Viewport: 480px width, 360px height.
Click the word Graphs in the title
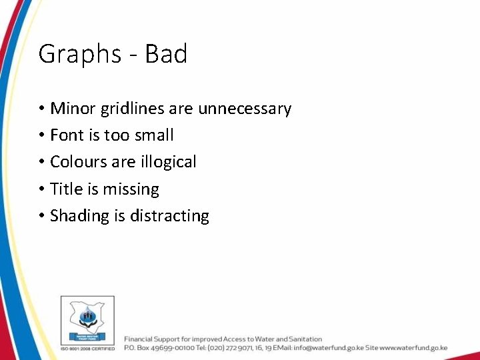coord(70,54)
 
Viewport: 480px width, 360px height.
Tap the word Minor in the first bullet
coord(71,108)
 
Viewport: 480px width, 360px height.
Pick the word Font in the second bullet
coord(67,135)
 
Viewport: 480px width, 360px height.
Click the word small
coord(153,135)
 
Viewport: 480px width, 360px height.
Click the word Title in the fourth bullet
coord(66,189)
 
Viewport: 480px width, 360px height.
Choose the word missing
coord(131,190)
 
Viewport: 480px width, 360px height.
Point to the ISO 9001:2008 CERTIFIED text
coord(87,348)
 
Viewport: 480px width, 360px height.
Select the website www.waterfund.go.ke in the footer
coord(413,348)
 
